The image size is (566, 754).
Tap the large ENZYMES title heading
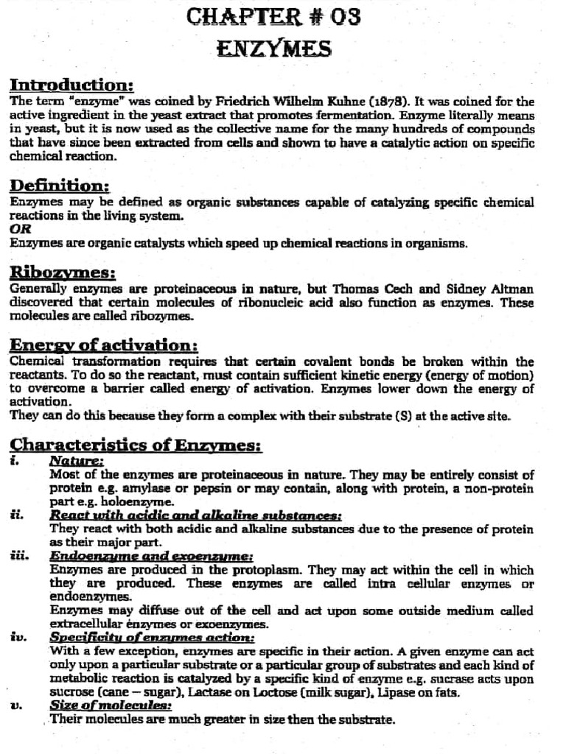coord(273,49)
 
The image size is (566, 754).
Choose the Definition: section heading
coord(60,186)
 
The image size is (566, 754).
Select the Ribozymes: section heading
coord(63,272)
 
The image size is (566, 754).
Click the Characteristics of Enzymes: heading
coord(136,445)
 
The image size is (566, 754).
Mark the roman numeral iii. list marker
coord(20,556)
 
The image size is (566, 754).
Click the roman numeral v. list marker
coord(17,706)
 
